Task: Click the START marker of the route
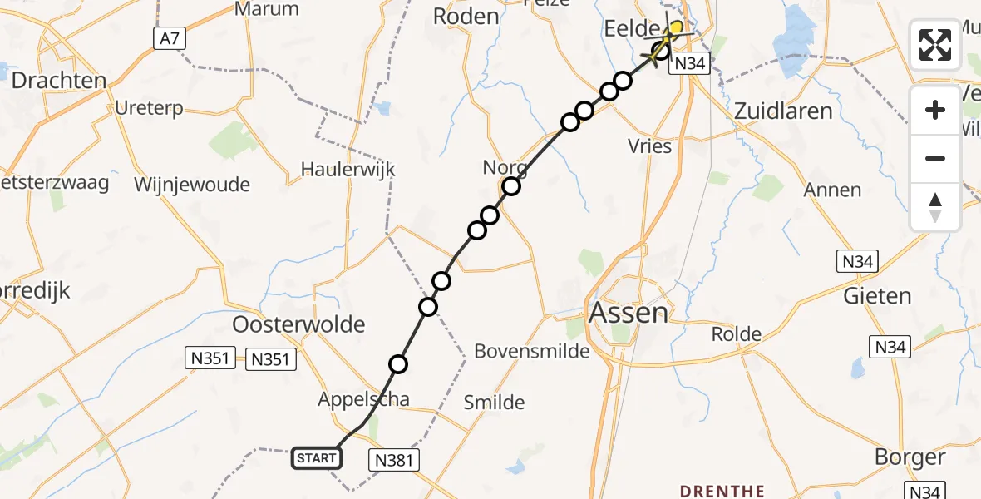pyautogui.click(x=317, y=458)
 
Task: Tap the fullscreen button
pyautogui.click(x=935, y=44)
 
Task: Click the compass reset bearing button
pyautogui.click(x=935, y=207)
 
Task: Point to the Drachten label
pyautogui.click(x=58, y=81)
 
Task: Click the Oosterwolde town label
pyautogui.click(x=298, y=324)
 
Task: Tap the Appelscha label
pyautogui.click(x=363, y=399)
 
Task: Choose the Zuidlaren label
pyautogui.click(x=783, y=111)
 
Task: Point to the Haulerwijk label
pyautogui.click(x=348, y=170)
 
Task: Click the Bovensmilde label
pyautogui.click(x=532, y=351)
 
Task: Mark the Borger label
pyautogui.click(x=910, y=457)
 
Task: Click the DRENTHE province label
pyautogui.click(x=722, y=491)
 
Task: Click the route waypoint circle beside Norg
pyautogui.click(x=510, y=186)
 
